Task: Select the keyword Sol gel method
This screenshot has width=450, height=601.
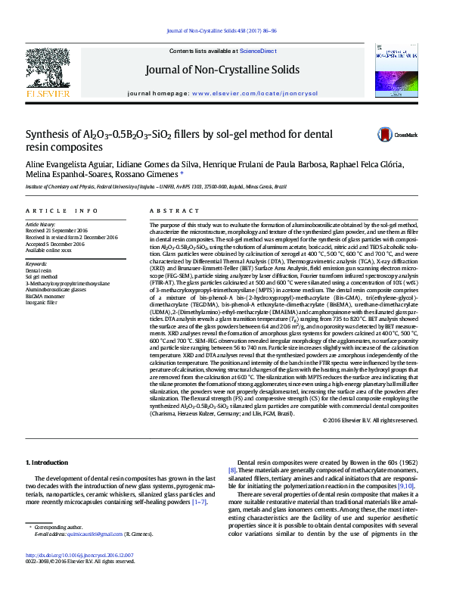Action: (42, 277)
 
